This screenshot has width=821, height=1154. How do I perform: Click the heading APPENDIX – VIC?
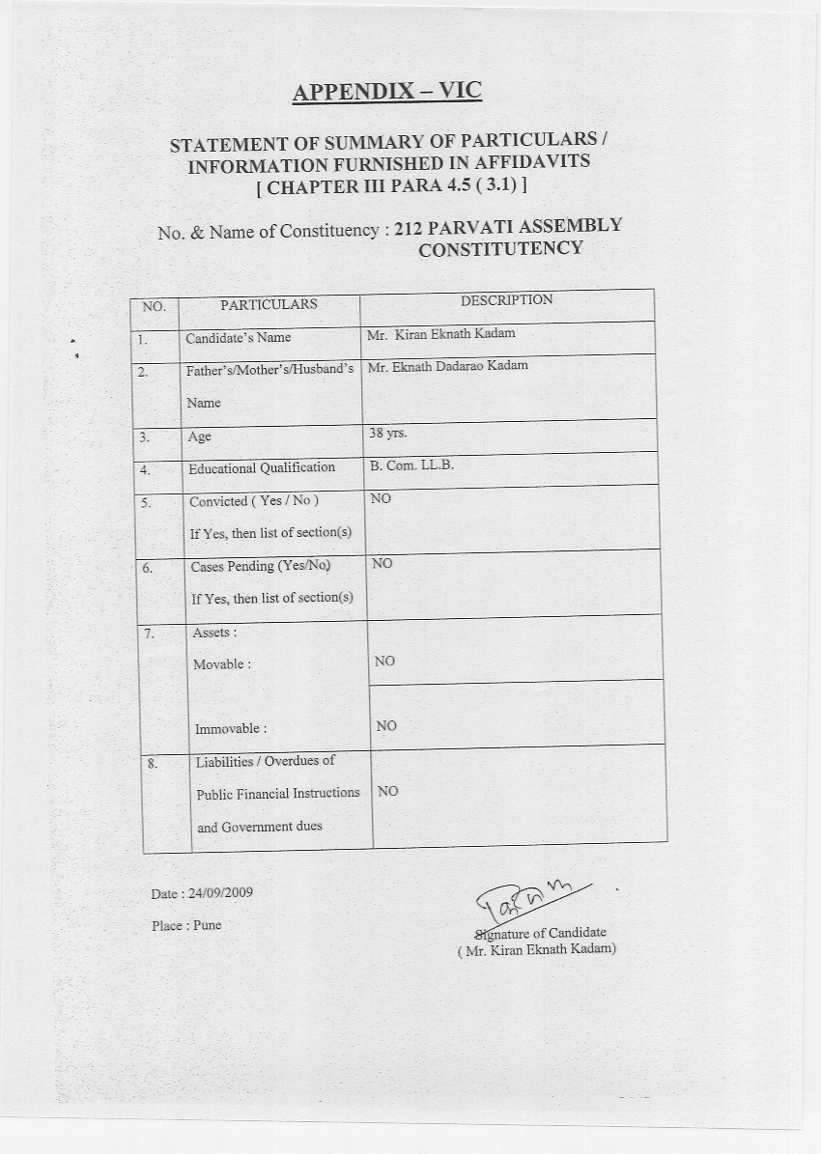coord(386,92)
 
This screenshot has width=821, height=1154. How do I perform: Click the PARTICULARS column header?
coord(269,304)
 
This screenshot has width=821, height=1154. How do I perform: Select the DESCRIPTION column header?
coord(506,300)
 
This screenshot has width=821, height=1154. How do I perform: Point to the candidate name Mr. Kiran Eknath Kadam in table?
coord(441,334)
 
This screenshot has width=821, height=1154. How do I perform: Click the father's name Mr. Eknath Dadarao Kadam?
coord(448,366)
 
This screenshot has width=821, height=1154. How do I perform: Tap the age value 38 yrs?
coord(388,433)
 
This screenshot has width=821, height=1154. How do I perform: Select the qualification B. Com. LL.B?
coord(411,464)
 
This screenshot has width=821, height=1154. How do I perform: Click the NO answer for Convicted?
coord(381,498)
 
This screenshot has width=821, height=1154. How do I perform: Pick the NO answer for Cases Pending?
coord(382,563)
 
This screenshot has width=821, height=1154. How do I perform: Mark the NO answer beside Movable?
coord(384,661)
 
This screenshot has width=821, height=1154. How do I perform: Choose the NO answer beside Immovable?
coord(386,726)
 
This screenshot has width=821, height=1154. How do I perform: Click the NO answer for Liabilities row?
coord(387,791)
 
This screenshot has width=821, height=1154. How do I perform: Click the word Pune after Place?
coord(207,925)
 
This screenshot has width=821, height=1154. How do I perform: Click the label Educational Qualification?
coord(262,468)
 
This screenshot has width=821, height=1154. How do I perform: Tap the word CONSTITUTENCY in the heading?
coord(500,249)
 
